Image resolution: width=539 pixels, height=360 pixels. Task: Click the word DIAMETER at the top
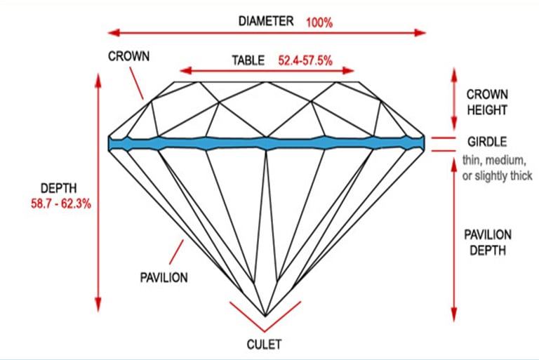pyautogui.click(x=265, y=20)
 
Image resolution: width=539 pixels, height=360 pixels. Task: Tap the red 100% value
pyautogui.click(x=319, y=22)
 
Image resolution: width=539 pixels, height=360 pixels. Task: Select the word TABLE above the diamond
pyautogui.click(x=248, y=60)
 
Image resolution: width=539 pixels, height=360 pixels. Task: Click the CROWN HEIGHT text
pyautogui.click(x=487, y=102)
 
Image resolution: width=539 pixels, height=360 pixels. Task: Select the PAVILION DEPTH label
pyautogui.click(x=489, y=242)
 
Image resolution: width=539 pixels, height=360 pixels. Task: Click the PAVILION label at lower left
pyautogui.click(x=164, y=277)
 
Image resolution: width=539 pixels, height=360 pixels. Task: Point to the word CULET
pyautogui.click(x=265, y=345)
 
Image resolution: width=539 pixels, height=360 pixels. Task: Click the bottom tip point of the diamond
pyautogui.click(x=265, y=316)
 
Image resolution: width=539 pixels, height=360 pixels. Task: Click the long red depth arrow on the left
pyautogui.click(x=98, y=189)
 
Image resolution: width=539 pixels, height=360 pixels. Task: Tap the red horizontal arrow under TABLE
pyautogui.click(x=267, y=70)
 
